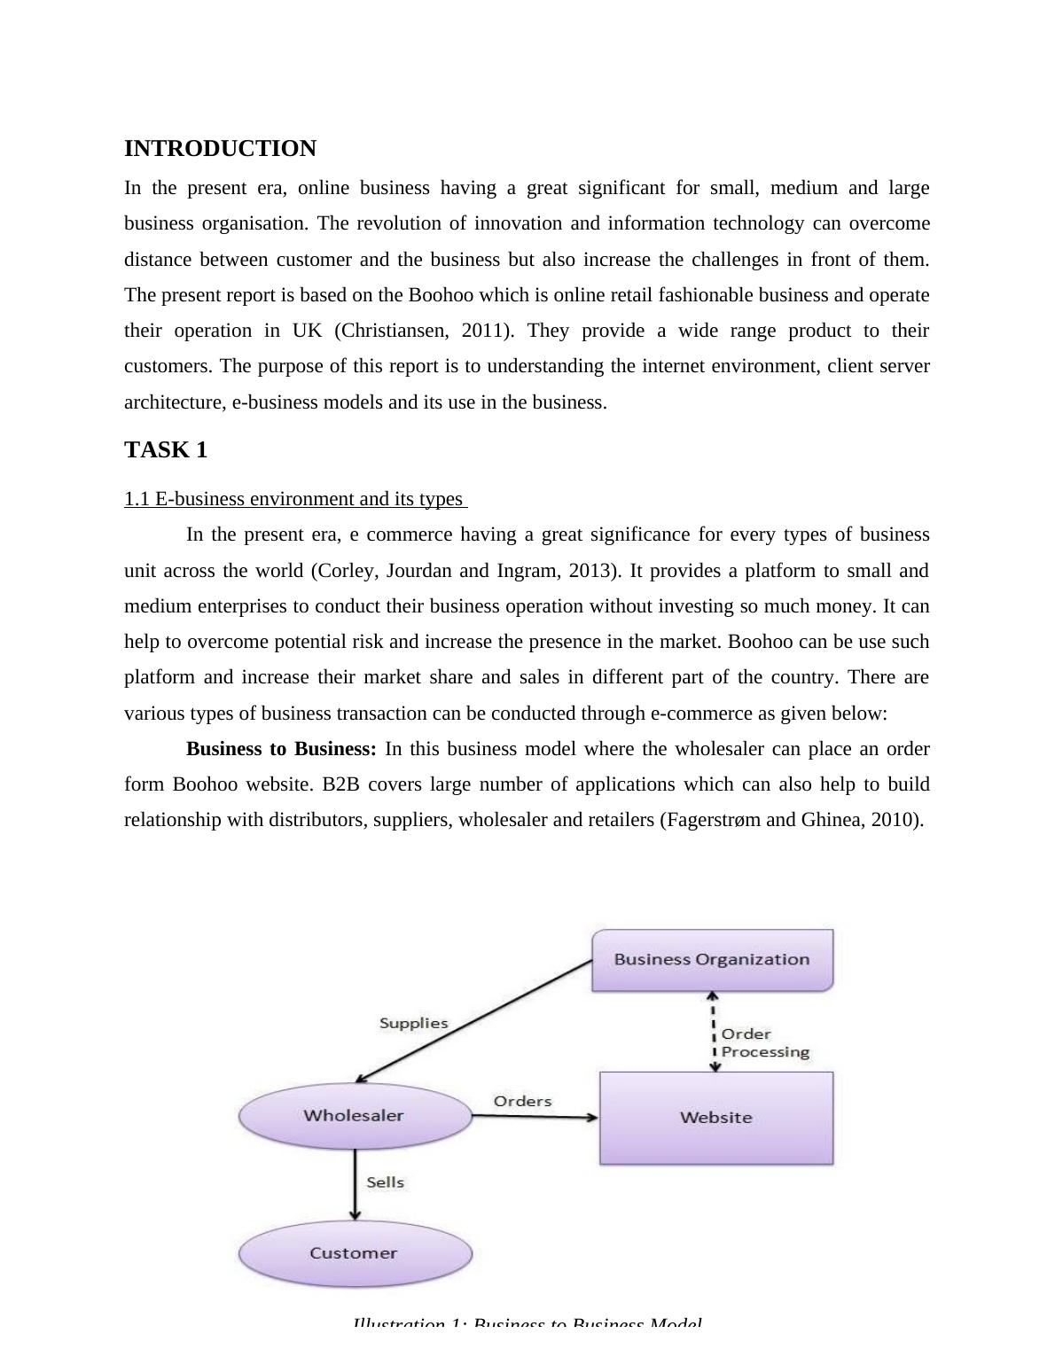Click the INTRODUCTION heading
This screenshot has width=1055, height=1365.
(220, 149)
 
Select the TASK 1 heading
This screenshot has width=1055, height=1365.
(166, 450)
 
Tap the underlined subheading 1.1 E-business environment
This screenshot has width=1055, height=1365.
(294, 499)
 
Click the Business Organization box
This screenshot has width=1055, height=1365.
(712, 959)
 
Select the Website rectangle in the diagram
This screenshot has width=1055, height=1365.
(716, 1118)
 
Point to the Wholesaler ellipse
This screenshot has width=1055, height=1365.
(354, 1116)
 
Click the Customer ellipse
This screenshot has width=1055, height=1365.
(354, 1253)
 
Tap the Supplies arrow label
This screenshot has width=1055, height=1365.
(413, 1023)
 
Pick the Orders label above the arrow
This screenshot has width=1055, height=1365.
(522, 1101)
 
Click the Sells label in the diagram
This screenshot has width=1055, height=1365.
(385, 1182)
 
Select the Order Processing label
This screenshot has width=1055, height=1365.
(764, 1043)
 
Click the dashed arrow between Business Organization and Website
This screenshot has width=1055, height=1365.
(715, 1032)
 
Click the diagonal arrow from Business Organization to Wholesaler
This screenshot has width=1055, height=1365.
(474, 1021)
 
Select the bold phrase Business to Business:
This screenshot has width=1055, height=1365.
(281, 749)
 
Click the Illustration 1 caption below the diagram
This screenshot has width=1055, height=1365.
(527, 1323)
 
